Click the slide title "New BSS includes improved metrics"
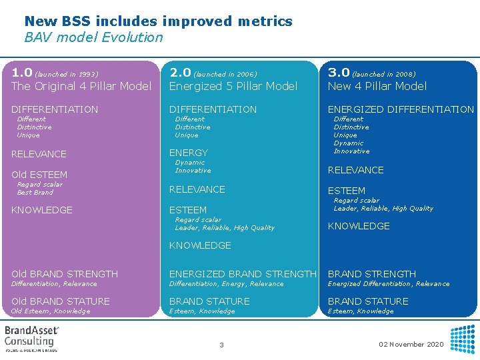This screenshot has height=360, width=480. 158,21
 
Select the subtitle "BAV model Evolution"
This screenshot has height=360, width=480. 93,37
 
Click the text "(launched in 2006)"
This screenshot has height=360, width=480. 225,74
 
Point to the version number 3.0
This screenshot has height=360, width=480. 338,72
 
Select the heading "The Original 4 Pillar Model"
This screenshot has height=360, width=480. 81,86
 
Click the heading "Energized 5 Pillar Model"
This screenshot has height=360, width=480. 233,86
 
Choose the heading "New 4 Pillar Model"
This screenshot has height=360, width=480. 377,86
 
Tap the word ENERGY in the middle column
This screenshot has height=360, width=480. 188,153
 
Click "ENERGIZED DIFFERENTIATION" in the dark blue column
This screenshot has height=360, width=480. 400,109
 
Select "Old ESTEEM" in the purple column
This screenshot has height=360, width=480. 39,175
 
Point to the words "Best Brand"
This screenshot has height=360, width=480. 35,193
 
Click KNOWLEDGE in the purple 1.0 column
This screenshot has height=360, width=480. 42,210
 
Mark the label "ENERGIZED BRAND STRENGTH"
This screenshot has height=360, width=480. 243,274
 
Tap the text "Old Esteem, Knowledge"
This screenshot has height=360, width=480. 51,311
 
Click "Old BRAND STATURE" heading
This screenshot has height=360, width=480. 60,301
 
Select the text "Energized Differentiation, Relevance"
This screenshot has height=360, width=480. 388,284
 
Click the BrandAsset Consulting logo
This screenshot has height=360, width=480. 32,338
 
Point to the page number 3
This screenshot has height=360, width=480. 221,345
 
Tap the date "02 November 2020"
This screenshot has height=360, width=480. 411,345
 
